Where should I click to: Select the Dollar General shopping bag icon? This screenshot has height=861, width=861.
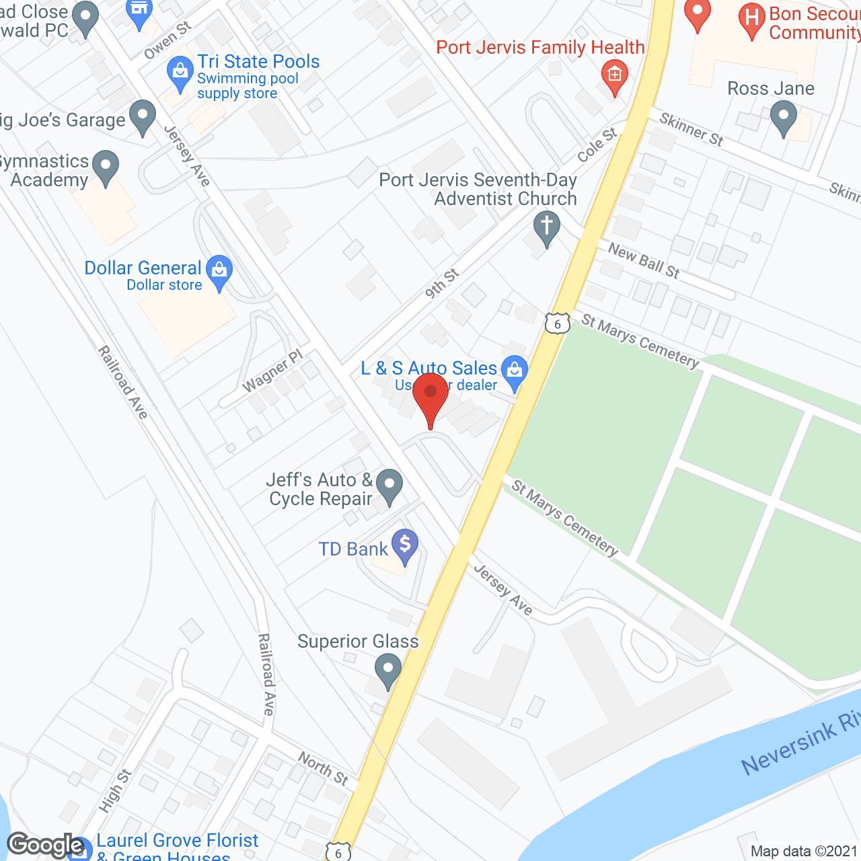click(219, 271)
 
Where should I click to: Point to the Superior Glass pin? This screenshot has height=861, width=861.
click(388, 671)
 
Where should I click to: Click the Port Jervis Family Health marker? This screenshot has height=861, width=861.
click(614, 75)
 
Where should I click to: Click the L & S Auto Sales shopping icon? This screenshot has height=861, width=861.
click(515, 371)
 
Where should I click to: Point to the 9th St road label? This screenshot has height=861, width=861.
click(442, 284)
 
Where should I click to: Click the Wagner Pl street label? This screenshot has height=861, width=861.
click(272, 371)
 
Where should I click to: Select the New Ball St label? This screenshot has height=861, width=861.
click(644, 261)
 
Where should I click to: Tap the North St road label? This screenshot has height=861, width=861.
click(323, 769)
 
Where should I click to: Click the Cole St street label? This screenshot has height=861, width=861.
click(597, 145)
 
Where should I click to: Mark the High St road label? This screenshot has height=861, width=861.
click(115, 790)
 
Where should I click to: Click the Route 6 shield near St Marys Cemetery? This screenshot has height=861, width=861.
click(557, 324)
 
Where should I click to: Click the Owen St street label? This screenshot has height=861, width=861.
click(167, 40)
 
